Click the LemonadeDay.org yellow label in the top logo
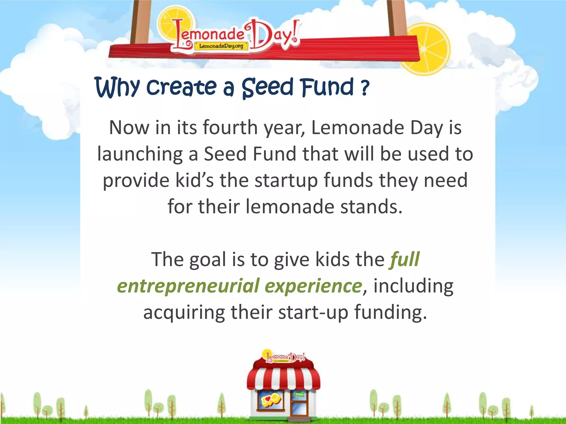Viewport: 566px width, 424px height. (221, 46)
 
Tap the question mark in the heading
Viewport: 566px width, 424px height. (365, 88)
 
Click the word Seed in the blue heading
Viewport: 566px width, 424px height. (267, 88)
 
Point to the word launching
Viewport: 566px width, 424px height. (140, 154)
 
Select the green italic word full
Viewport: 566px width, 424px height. (405, 259)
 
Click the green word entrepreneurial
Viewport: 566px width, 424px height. (188, 286)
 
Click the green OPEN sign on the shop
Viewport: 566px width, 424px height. (299, 394)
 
